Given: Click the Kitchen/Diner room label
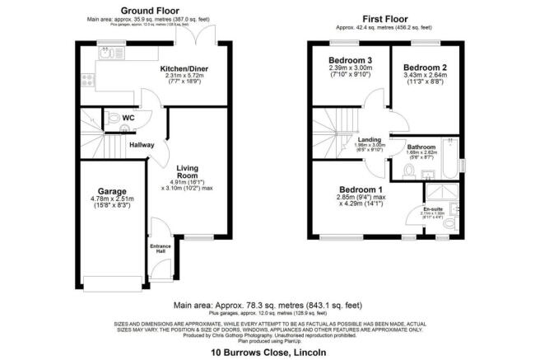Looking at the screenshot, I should [182, 69].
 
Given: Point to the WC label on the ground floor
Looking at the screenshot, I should [128, 118].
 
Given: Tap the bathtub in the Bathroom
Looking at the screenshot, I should [449, 164].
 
